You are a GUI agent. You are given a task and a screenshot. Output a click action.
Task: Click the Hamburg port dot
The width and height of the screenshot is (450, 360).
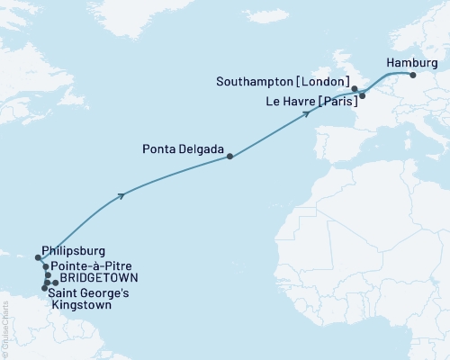tap(415, 76)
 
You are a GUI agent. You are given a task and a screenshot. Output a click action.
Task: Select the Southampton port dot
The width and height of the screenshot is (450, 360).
tap(355, 89)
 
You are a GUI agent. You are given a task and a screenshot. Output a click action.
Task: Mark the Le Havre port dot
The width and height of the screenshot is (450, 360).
tap(362, 94)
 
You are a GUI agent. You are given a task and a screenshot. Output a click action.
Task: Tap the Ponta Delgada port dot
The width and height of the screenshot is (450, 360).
tap(229, 157)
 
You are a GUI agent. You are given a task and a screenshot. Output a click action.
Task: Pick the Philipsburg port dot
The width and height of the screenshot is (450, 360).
tap(38, 257)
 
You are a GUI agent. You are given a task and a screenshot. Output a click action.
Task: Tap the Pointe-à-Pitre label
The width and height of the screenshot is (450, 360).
tap(88, 266)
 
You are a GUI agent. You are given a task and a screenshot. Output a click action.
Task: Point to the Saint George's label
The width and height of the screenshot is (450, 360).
tap(93, 292)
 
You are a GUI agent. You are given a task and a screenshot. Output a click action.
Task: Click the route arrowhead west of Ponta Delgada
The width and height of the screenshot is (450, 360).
tap(121, 194)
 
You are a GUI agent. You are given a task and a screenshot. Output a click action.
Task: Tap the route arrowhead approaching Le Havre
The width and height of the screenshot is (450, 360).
tap(308, 113)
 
